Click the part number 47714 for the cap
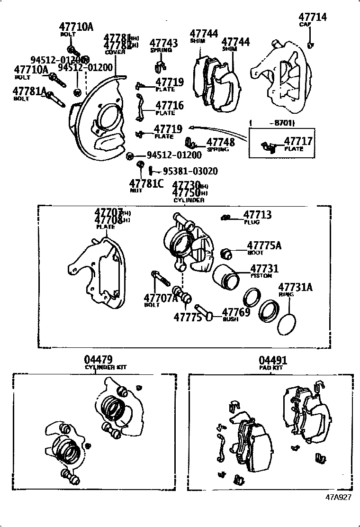coord(313,17)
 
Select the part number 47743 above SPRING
coord(164,44)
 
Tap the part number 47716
coord(170,106)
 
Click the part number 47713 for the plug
coord(258,215)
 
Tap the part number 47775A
coord(264,245)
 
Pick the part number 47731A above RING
coord(296,287)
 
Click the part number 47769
coord(236,312)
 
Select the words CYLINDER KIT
coord(106,367)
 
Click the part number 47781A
coord(29,91)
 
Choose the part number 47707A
coord(161,298)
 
